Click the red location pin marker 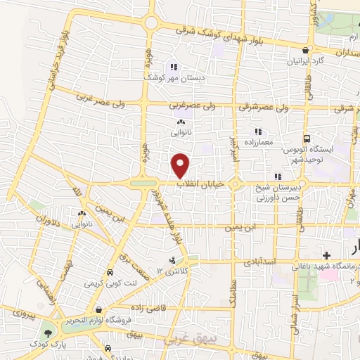[x=181, y=165]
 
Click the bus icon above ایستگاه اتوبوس [x=307, y=139]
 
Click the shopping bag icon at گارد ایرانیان [x=304, y=51]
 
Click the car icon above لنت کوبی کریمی [x=110, y=273]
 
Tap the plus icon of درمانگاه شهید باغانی [x=326, y=255]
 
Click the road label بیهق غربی [x=186, y=340]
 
